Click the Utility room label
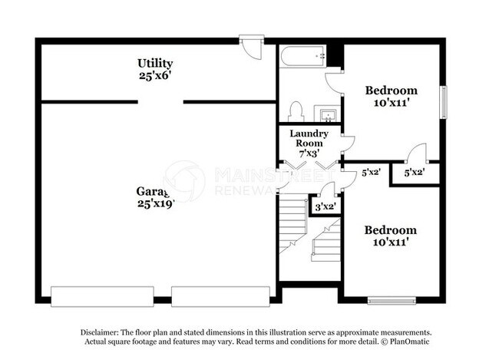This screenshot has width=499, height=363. [x=155, y=63]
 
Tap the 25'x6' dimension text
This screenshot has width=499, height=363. [x=155, y=76]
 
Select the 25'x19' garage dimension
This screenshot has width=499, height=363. [x=156, y=203]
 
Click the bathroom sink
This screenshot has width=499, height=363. [x=329, y=116]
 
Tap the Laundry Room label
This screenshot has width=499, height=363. [x=309, y=138]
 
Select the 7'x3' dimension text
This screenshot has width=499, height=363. [x=309, y=153]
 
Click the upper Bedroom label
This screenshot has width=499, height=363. [x=391, y=91]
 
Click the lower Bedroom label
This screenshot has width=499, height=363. [x=391, y=229]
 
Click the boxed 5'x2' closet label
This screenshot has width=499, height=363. [x=415, y=173]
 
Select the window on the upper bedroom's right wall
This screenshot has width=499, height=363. [x=442, y=101]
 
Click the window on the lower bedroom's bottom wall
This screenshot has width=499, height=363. [x=392, y=299]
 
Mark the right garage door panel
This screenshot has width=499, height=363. [x=220, y=295]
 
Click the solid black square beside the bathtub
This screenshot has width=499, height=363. [x=334, y=56]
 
